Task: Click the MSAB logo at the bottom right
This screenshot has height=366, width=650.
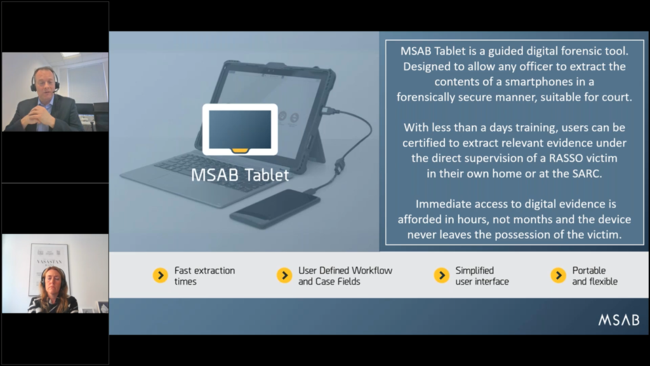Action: coord(619,320)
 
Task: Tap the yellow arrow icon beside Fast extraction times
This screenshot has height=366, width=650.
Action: coord(161,275)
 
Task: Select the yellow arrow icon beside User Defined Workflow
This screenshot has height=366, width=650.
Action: coord(284,275)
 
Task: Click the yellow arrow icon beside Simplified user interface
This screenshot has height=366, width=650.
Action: coord(442,275)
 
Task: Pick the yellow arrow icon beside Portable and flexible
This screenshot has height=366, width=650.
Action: coord(559,275)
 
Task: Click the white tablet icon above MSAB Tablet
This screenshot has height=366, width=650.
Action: coord(240,130)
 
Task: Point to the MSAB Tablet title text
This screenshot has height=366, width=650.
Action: coord(240,175)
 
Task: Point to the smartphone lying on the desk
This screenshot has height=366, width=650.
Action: coord(275,208)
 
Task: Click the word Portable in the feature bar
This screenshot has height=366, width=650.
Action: coord(589,271)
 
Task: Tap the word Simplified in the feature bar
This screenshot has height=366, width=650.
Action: coord(475,271)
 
